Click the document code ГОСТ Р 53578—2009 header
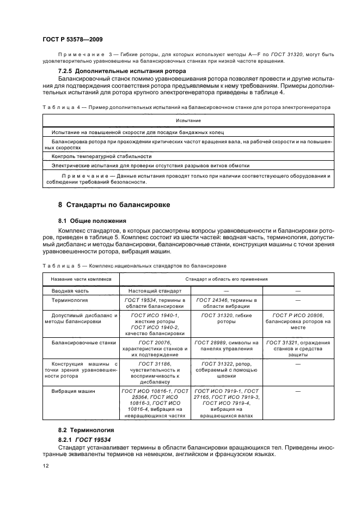click(72, 39)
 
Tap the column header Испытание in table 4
click(187, 120)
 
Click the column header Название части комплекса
click(81, 279)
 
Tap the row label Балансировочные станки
click(81, 342)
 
